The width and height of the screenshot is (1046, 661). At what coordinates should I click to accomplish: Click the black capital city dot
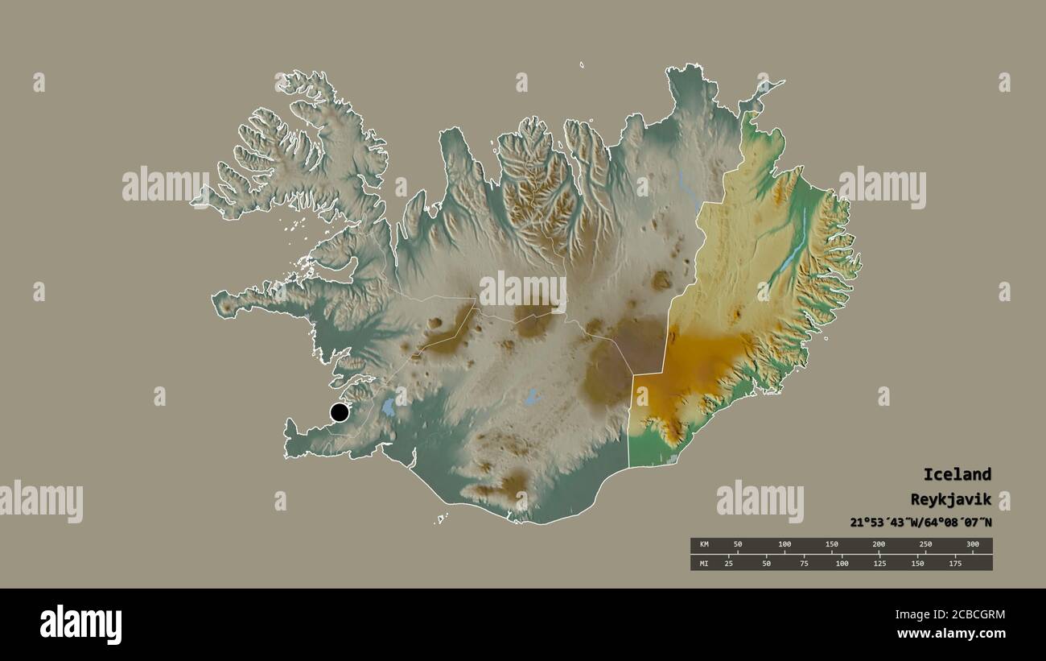(340, 413)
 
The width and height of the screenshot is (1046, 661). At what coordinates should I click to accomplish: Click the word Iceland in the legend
(957, 474)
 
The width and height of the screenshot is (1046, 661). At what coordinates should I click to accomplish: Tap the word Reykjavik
(951, 499)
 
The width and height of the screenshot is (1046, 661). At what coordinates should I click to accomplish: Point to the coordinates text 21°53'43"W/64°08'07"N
(920, 523)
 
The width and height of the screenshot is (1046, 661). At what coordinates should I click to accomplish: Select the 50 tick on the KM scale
(737, 545)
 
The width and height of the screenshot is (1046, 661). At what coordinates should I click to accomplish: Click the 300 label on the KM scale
(972, 545)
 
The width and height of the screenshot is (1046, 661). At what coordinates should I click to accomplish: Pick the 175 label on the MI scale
(954, 563)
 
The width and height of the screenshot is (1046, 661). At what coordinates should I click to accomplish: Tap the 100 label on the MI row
(842, 563)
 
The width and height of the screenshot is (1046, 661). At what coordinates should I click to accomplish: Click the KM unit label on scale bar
(704, 545)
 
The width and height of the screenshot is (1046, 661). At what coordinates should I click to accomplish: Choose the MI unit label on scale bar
(704, 563)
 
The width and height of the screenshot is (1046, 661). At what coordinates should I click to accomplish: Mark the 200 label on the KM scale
(879, 545)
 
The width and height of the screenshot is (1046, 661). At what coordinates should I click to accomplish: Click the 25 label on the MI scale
(729, 563)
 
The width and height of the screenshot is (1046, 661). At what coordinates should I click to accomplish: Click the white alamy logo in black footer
(80, 625)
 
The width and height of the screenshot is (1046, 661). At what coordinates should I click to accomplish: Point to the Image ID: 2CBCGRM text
(951, 615)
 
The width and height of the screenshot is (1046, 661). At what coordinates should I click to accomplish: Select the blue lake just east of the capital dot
(389, 407)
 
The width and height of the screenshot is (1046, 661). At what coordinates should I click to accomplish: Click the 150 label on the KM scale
(832, 545)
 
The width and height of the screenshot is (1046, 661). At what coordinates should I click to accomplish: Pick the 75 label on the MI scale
(804, 563)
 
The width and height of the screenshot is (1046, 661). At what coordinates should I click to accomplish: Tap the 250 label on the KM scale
(926, 545)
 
